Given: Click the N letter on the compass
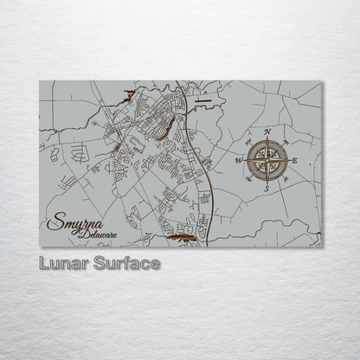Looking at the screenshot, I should pos(267,132).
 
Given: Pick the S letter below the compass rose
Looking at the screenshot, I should pos(267,188).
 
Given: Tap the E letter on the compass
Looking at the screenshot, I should pos(296,160).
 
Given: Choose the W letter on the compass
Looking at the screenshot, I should pos(240,160).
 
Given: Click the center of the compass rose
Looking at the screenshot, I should pos(267,159).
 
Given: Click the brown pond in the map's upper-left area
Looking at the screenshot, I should pos(130,96).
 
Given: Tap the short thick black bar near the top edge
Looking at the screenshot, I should pos(202,100).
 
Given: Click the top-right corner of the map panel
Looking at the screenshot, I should pos(321,82).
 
